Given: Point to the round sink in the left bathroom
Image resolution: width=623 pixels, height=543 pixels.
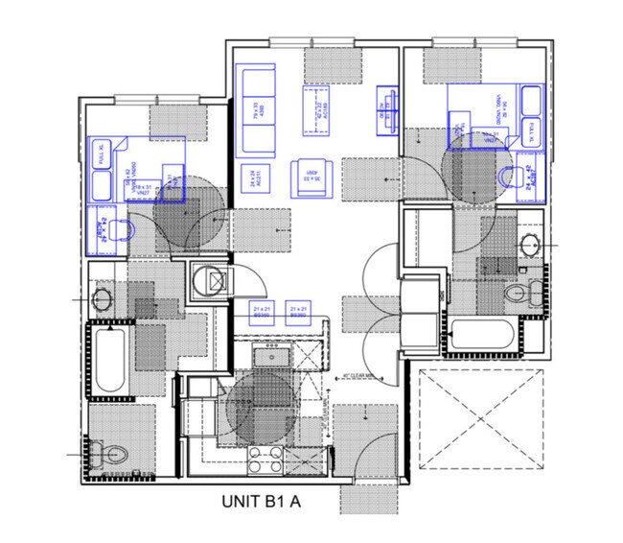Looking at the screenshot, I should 102,298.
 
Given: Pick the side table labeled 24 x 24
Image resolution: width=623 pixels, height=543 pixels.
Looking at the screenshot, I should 256,177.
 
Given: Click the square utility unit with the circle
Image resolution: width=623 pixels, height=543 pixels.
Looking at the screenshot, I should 210,281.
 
